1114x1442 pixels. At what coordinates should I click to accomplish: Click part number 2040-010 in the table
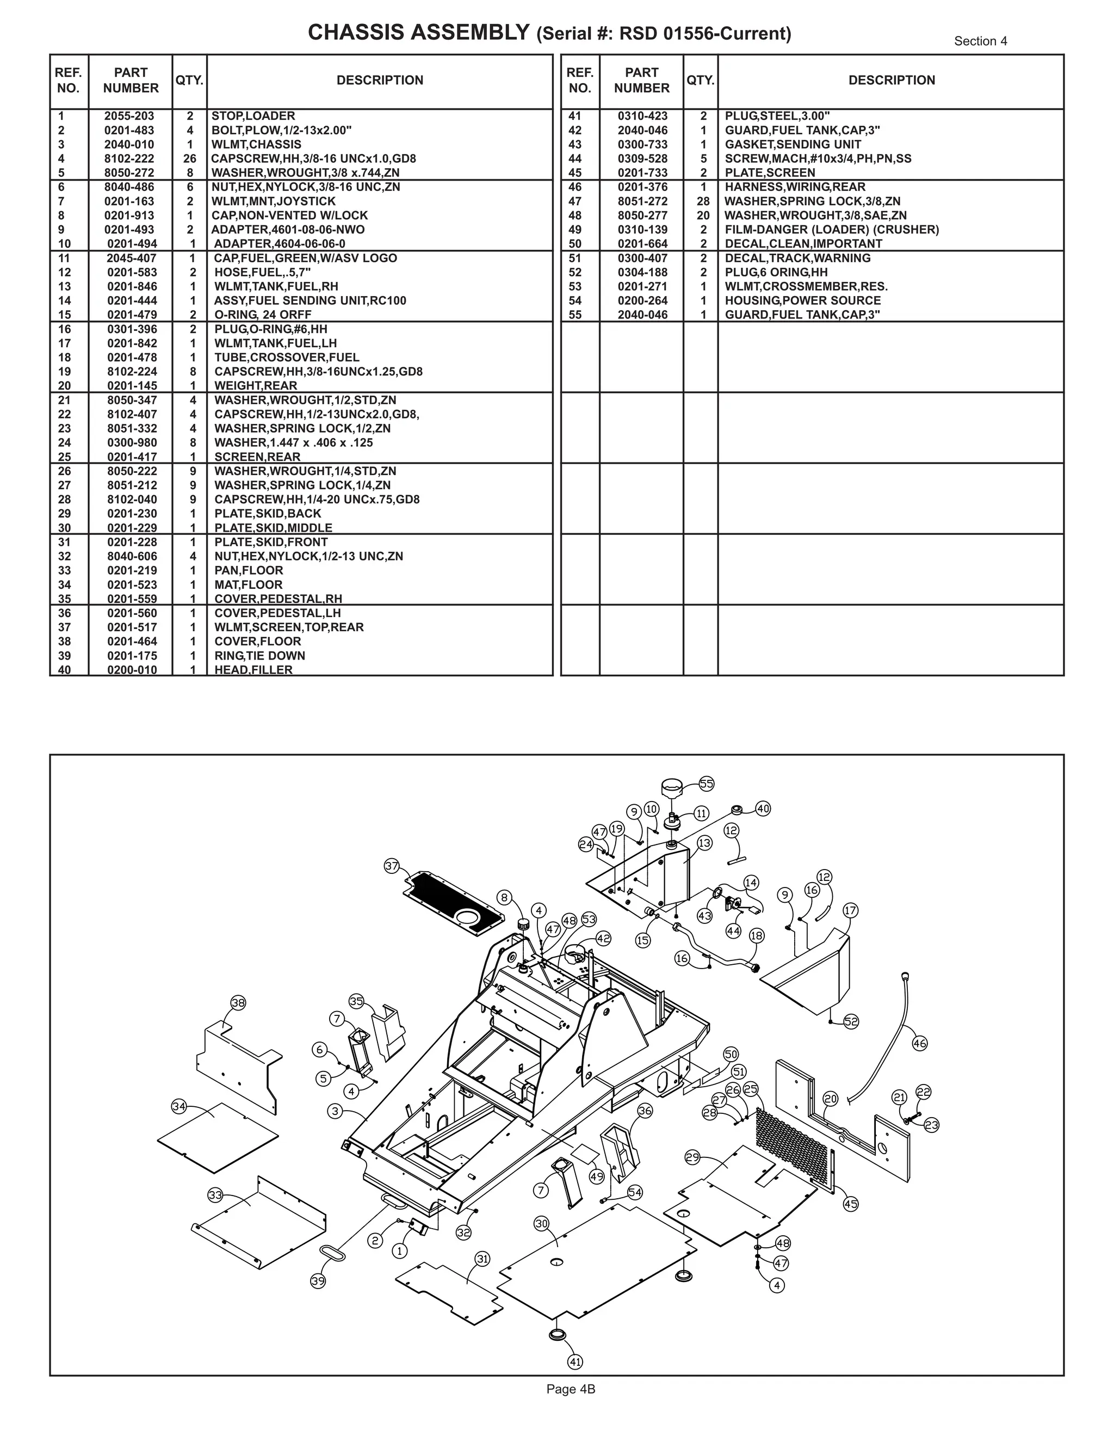(x=129, y=145)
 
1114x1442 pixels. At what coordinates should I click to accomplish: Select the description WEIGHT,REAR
(x=256, y=386)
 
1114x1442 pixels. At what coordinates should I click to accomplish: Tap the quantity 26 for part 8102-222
(x=189, y=158)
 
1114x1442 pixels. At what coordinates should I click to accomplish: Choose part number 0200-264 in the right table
(x=642, y=300)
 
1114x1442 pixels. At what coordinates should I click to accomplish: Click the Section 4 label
(x=980, y=41)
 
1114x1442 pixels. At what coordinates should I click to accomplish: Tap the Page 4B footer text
(x=571, y=1389)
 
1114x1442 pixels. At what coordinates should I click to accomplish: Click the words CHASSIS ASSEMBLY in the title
(x=418, y=32)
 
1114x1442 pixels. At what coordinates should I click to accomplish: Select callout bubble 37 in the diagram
(x=392, y=866)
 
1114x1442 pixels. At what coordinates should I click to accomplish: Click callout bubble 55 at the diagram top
(x=706, y=784)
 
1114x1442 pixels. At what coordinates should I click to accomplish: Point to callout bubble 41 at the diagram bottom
(x=575, y=1361)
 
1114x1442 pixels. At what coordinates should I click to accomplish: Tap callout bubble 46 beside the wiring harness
(x=919, y=1043)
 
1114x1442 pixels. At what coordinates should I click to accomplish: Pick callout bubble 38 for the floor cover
(x=238, y=1003)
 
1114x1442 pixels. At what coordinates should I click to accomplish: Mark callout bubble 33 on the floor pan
(x=215, y=1194)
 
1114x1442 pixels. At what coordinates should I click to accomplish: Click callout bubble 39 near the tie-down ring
(x=318, y=1281)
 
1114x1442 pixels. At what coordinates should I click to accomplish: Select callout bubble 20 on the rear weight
(x=830, y=1099)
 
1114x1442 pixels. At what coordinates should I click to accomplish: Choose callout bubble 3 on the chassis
(x=335, y=1111)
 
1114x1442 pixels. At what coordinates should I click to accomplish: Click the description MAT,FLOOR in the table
(x=248, y=585)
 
